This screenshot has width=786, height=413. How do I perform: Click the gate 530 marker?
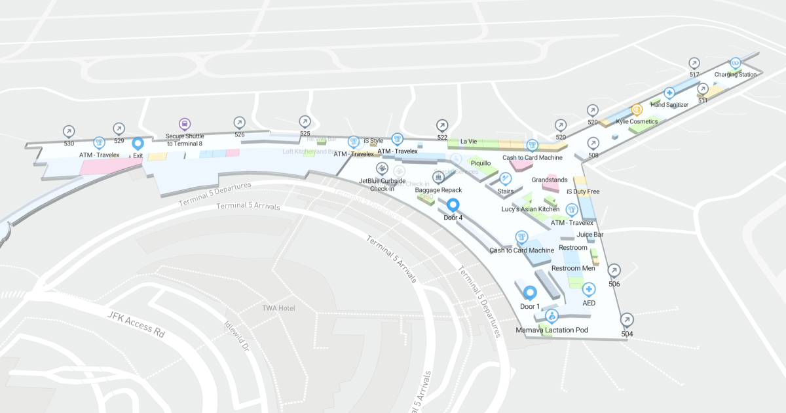(x=69, y=131)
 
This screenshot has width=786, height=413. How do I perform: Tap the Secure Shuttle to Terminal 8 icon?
(x=185, y=124)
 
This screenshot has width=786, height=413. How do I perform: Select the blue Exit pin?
(x=138, y=144)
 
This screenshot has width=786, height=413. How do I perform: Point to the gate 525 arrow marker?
(x=305, y=121)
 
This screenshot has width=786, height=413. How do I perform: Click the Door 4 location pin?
(x=453, y=205)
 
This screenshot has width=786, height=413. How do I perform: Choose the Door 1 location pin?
(x=530, y=292)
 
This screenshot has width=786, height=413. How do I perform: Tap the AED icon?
(x=589, y=289)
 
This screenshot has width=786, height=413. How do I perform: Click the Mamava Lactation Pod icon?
(x=552, y=316)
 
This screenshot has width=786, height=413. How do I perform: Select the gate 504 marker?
(x=627, y=320)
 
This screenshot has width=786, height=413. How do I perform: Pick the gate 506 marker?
(x=614, y=270)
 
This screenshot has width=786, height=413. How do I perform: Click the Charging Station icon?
(x=736, y=64)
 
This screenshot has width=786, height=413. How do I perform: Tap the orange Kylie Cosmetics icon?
(x=636, y=110)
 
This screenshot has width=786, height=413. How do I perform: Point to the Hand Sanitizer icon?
(x=669, y=93)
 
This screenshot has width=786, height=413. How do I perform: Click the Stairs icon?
(x=505, y=178)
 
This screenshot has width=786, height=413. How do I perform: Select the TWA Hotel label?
(x=278, y=308)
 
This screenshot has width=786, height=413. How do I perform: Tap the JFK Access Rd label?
(x=136, y=324)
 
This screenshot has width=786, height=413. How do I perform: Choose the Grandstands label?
(x=549, y=179)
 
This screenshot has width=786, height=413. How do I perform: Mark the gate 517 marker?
(x=694, y=64)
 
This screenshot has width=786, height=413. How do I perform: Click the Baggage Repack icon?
(x=439, y=177)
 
